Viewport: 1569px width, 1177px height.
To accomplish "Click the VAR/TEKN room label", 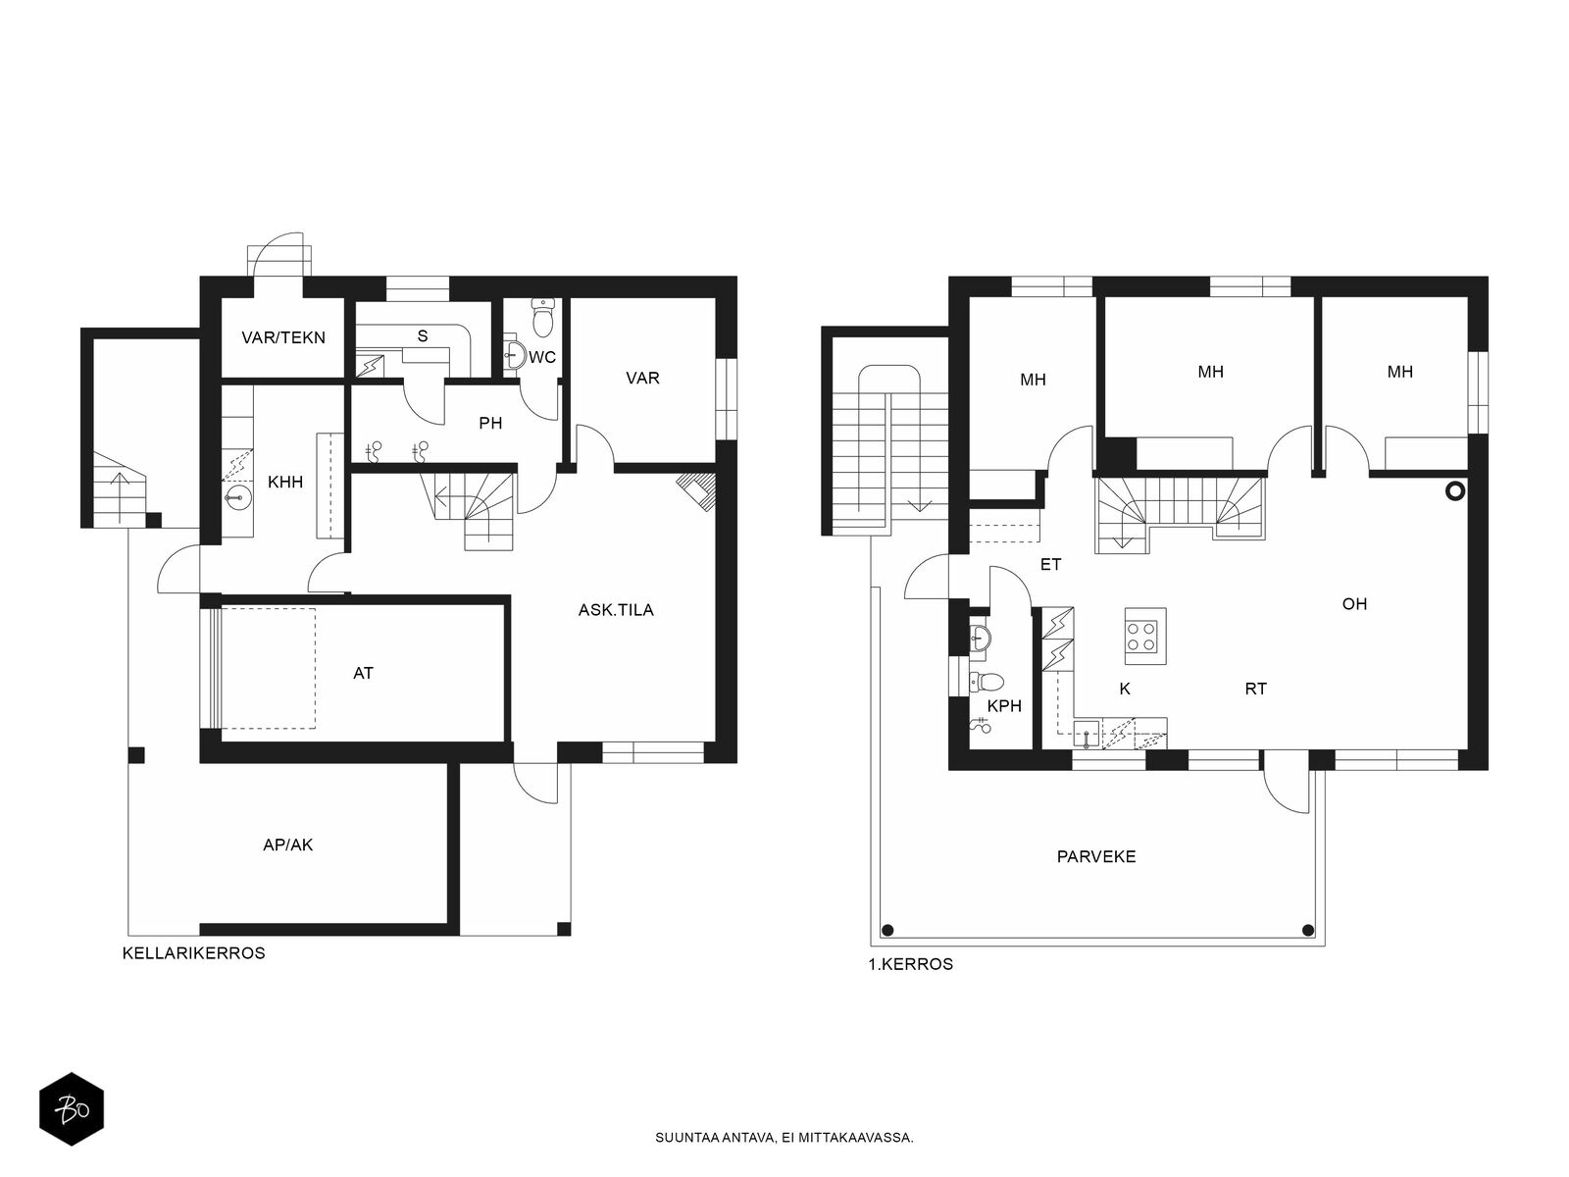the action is coord(283,337).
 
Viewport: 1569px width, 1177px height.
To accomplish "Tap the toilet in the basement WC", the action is coord(543,317).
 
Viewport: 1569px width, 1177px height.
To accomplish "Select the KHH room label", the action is coord(285,482).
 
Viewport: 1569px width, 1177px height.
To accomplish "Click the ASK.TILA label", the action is coord(616,609).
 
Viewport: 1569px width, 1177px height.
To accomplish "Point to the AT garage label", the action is coord(363,673).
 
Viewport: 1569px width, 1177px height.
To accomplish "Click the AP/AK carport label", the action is coord(288,844).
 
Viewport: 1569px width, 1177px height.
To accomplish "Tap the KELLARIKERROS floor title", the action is coord(194,952).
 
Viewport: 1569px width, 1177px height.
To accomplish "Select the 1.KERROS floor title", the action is coord(911,964).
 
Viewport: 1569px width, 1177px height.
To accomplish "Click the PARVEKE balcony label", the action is coord(1095,856).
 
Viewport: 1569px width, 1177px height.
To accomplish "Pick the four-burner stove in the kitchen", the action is coord(1145,636).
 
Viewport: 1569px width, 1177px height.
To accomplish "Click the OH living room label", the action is coord(1354,604).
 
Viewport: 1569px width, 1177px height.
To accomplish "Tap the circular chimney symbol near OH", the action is coord(1455,491).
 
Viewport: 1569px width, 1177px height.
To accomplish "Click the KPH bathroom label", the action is coord(1004,706).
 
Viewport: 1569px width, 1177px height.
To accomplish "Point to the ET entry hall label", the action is coord(1051,565).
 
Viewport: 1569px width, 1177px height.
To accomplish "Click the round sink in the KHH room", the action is coord(237,497).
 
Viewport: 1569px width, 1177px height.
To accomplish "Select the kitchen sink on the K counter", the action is coord(1087,734).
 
